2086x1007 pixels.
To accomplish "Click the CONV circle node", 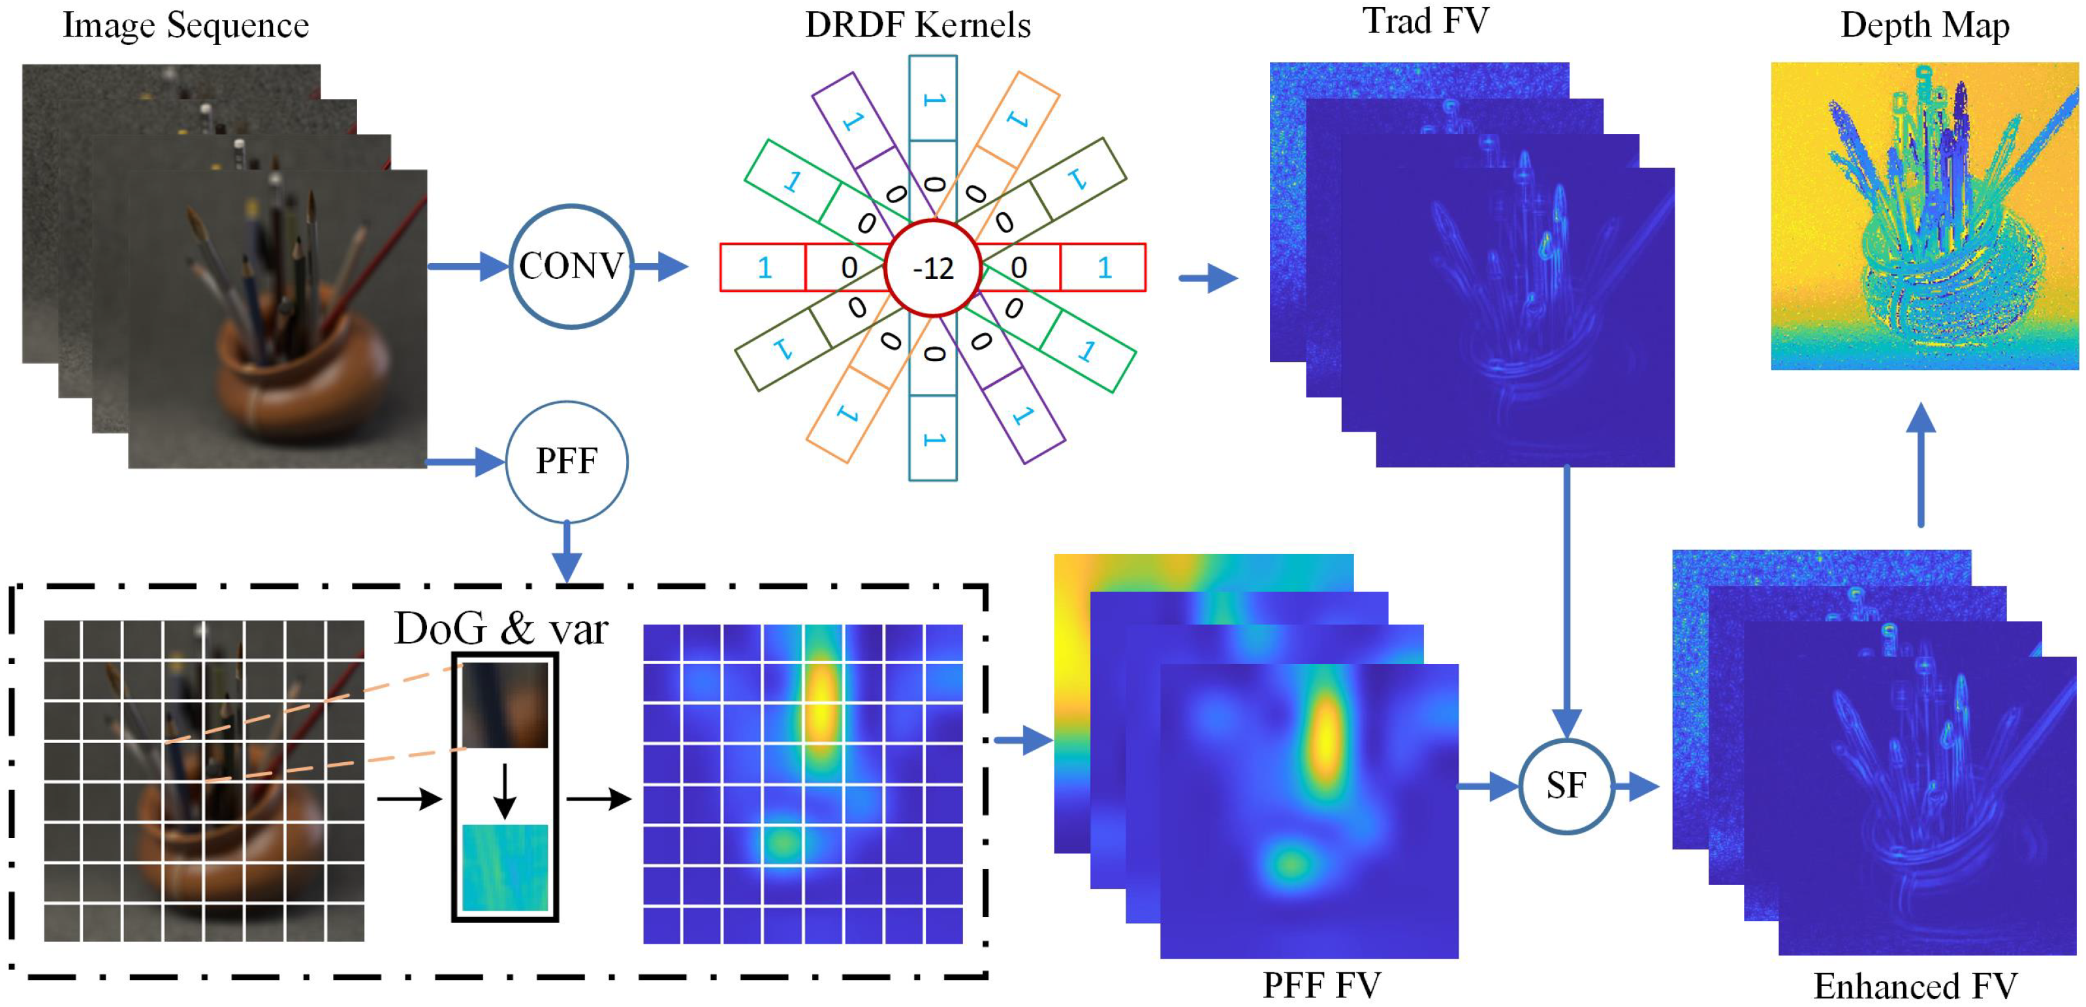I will tap(571, 266).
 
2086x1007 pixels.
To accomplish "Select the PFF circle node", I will tap(566, 461).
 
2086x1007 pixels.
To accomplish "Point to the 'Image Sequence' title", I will tap(185, 25).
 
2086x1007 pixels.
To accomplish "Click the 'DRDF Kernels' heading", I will tap(917, 25).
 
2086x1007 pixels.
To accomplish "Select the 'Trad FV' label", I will tap(1425, 21).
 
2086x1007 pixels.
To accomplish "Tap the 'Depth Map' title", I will tap(1924, 25).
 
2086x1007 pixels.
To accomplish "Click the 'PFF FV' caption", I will tap(1321, 984).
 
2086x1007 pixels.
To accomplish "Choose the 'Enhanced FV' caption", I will tap(1914, 986).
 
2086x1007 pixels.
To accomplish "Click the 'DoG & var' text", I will tap(501, 629).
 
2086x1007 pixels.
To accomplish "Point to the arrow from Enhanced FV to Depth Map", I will tap(1921, 466).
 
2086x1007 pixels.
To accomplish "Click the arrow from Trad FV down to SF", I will tap(1567, 599).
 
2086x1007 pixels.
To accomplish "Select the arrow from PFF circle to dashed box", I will tap(566, 551).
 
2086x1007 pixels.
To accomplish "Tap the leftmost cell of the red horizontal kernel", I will tap(763, 267).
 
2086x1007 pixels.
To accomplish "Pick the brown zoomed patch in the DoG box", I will tap(505, 704).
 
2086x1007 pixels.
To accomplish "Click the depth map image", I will tap(1924, 216).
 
